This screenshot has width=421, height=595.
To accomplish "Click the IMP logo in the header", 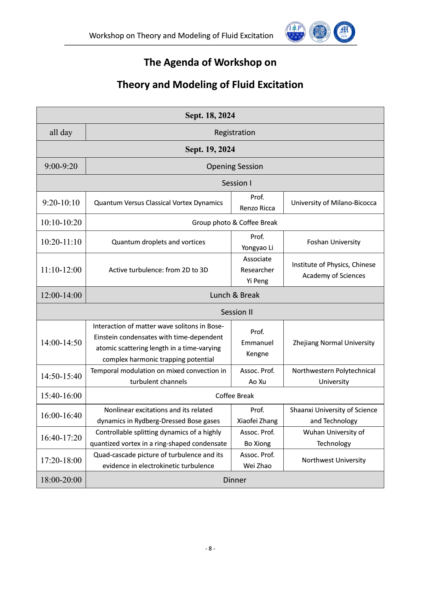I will (x=295, y=32).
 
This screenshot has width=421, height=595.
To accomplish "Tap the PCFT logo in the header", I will (x=344, y=32).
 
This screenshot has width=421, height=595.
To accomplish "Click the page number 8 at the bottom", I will (x=210, y=548).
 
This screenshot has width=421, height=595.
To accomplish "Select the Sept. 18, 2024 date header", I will (x=210, y=116).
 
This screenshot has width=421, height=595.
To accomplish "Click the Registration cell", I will (x=235, y=133).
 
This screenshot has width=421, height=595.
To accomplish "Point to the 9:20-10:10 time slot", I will (x=61, y=203).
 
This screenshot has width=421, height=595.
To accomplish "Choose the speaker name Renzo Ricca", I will (x=257, y=208).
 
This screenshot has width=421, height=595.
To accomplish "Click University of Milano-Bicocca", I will (x=334, y=203).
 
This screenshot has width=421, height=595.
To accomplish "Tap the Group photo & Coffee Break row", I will (x=235, y=222).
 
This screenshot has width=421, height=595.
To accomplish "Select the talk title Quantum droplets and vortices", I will (x=158, y=242).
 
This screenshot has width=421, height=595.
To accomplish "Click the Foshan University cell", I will (x=334, y=242).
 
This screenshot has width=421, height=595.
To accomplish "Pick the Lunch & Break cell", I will (x=235, y=295).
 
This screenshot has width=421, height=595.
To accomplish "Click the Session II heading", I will (x=237, y=312).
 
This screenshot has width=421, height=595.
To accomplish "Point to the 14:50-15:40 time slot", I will (x=61, y=376).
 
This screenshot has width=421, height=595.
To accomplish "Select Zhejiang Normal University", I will (x=334, y=343).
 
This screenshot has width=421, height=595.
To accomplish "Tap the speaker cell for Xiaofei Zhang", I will (x=257, y=415).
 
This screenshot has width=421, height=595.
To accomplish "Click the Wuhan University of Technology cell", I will (x=334, y=438).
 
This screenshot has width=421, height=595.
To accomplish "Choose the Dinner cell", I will (x=235, y=480).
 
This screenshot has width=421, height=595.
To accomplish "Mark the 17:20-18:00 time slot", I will (x=61, y=460).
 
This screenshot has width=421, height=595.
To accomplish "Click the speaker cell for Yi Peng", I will (x=257, y=270).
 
